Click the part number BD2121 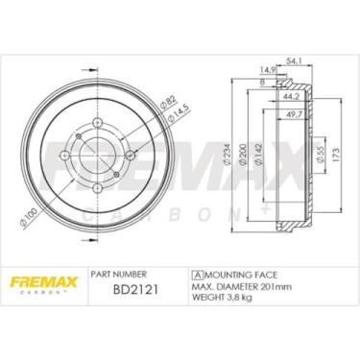coord(135,290)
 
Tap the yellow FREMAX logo coord(44,282)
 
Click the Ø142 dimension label coord(259,155)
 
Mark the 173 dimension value coord(336,155)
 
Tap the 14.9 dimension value coord(267,70)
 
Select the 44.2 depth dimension coord(291,96)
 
